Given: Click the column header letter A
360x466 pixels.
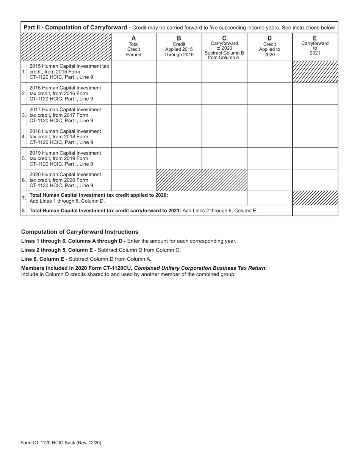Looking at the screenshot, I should pyautogui.click(x=133, y=38).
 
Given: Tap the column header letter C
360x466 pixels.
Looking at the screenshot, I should pyautogui.click(x=224, y=38).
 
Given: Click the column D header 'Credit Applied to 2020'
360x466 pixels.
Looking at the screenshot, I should pyautogui.click(x=269, y=47).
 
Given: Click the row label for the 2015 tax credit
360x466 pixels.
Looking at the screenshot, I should pyautogui.click(x=69, y=72).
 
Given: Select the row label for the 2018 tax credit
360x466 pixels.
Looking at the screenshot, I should pyautogui.click(x=65, y=137).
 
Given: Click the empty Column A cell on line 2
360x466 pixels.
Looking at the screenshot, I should pyautogui.click(x=134, y=93).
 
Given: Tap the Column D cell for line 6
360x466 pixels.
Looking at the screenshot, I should pyautogui.click(x=269, y=180).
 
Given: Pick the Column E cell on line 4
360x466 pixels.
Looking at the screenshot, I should pyautogui.click(x=315, y=137).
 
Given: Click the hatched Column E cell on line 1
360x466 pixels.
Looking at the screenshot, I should pyautogui.click(x=315, y=72).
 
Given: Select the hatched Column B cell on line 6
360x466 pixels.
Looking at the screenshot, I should pyautogui.click(x=179, y=180).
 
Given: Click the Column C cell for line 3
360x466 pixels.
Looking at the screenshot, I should pyautogui.click(x=224, y=115).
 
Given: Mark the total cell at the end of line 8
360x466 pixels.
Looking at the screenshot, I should pyautogui.click(x=315, y=211).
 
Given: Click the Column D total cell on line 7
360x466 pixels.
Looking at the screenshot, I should pyautogui.click(x=269, y=198).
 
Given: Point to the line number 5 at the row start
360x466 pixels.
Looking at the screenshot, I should pyautogui.click(x=24, y=158).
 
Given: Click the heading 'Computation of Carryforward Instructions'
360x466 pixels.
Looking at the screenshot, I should pyautogui.click(x=80, y=232).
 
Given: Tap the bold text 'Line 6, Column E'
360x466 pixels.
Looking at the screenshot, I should pyautogui.click(x=42, y=259).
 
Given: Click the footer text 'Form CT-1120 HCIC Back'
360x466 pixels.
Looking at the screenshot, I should pyautogui.click(x=61, y=443).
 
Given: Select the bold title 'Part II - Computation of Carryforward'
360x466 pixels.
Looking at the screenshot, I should pyautogui.click(x=75, y=28).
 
